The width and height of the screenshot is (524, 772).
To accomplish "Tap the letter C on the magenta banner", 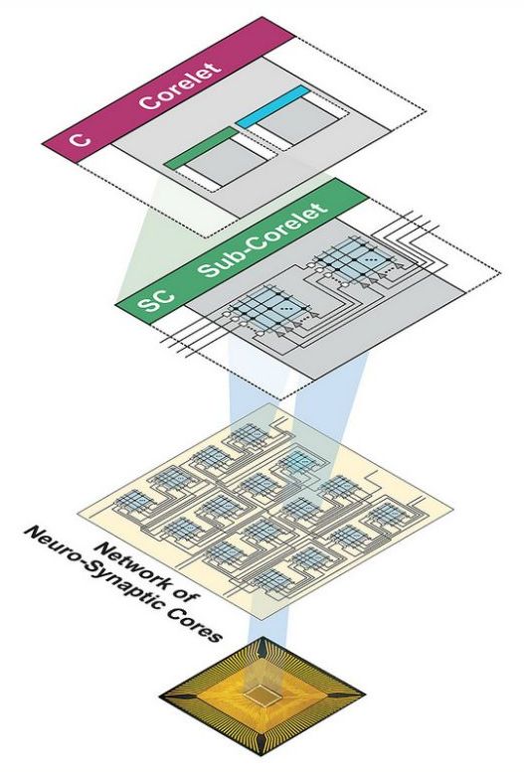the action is point(80,139).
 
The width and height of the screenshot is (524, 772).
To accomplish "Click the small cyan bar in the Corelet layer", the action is point(272,107).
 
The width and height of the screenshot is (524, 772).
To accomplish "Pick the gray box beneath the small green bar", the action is point(226,164).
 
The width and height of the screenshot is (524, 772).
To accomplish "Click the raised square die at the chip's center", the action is point(262,695).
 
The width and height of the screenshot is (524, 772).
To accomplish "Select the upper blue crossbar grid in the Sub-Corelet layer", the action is point(356,256).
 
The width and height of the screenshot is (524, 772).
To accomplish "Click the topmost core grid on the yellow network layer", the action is point(250,435).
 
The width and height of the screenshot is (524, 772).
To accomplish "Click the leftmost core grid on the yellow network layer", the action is point(133,501).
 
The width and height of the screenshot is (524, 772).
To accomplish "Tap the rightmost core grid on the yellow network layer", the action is point(389,514).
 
